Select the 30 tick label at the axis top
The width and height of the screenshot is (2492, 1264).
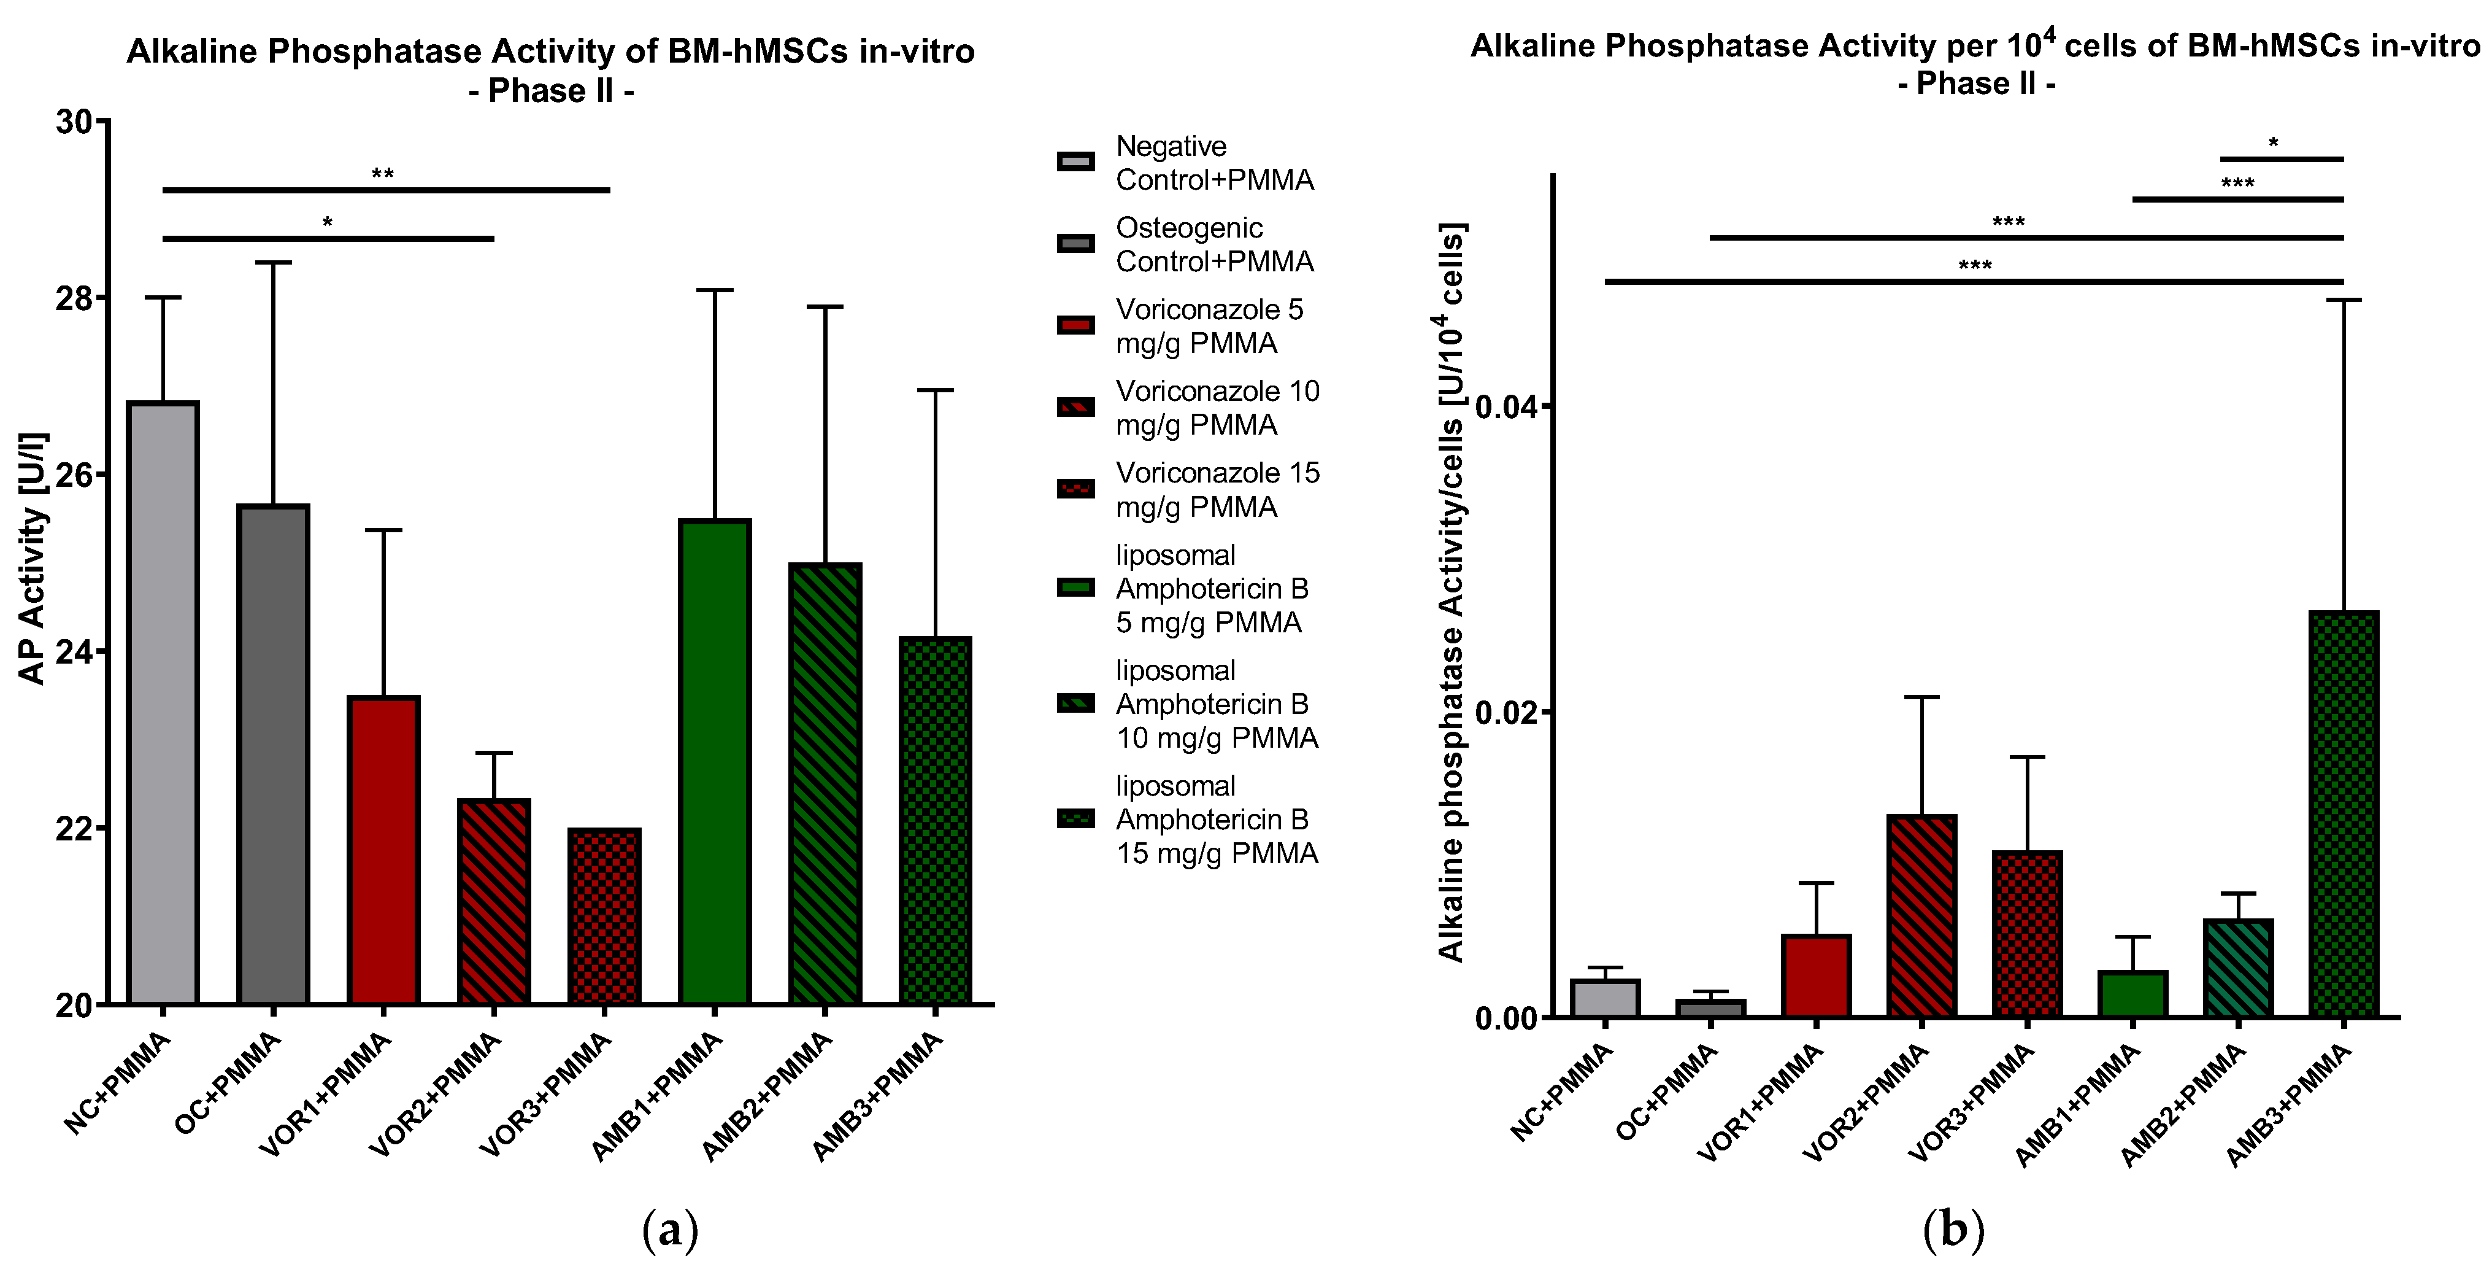click(74, 123)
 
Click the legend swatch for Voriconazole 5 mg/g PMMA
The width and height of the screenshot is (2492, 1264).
click(1075, 325)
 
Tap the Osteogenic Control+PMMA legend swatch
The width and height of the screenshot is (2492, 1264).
click(1075, 244)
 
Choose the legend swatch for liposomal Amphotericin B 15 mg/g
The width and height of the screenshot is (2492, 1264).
click(1075, 819)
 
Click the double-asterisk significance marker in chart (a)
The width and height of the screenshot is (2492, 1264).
click(382, 175)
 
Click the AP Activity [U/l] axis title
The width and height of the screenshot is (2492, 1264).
click(33, 559)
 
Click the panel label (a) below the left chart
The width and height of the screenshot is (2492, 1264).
click(669, 1230)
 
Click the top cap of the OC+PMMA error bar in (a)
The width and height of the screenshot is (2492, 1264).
click(273, 262)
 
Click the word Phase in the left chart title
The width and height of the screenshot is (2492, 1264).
click(537, 91)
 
